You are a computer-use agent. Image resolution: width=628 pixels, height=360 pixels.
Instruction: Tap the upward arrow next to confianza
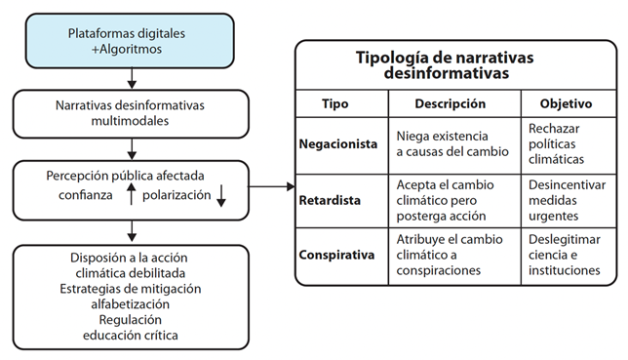pos(130,196)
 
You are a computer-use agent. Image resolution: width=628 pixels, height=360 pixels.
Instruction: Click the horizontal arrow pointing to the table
pos(273,185)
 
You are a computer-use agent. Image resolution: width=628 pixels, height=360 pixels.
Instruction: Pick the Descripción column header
pos(450,102)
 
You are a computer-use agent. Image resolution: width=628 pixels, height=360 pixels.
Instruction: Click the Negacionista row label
pos(337,143)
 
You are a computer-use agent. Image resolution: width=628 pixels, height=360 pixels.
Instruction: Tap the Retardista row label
pos(331,199)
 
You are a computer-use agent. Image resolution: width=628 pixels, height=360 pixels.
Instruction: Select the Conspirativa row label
pos(336,255)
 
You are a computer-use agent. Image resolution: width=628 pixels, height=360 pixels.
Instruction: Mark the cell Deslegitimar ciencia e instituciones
pos(566,255)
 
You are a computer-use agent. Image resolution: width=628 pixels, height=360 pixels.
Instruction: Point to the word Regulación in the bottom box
pos(130,319)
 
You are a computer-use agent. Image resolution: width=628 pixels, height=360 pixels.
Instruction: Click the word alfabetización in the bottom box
pos(130,303)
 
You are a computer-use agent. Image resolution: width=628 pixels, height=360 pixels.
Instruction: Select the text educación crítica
pos(130,335)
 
